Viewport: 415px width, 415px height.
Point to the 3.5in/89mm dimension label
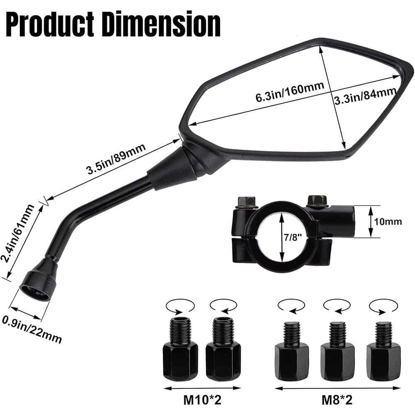pyautogui.click(x=117, y=159)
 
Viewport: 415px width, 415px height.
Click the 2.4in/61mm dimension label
pyautogui.click(x=18, y=233)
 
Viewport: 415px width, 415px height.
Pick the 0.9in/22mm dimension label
pyautogui.click(x=32, y=330)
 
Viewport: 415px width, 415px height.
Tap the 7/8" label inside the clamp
pyautogui.click(x=293, y=237)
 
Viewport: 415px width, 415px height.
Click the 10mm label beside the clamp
pyautogui.click(x=388, y=222)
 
